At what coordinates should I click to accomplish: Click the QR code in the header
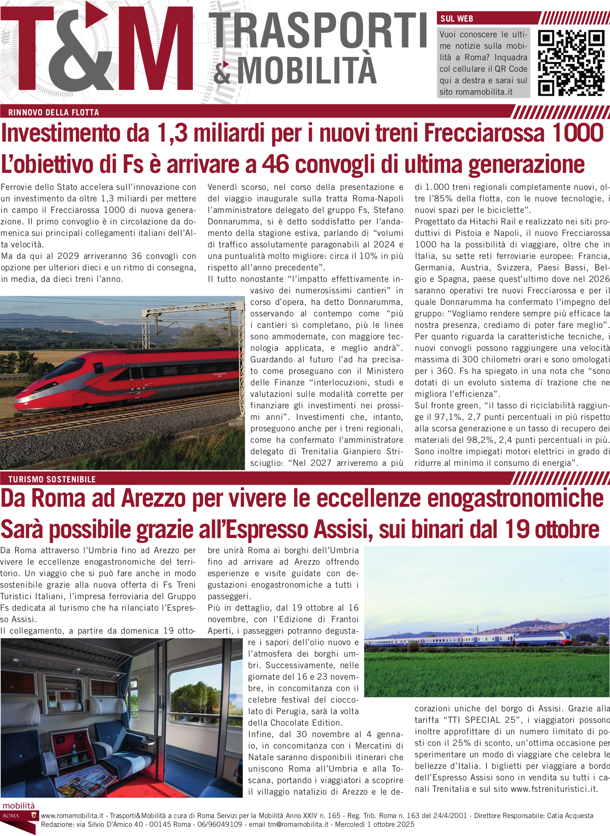[571, 63]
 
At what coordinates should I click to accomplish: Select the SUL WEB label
[457, 19]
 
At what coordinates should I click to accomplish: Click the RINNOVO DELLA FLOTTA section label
[54, 112]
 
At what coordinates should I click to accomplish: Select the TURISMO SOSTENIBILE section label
[52, 479]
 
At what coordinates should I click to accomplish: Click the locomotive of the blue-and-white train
[544, 639]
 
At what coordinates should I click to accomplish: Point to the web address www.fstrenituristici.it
[554, 789]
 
